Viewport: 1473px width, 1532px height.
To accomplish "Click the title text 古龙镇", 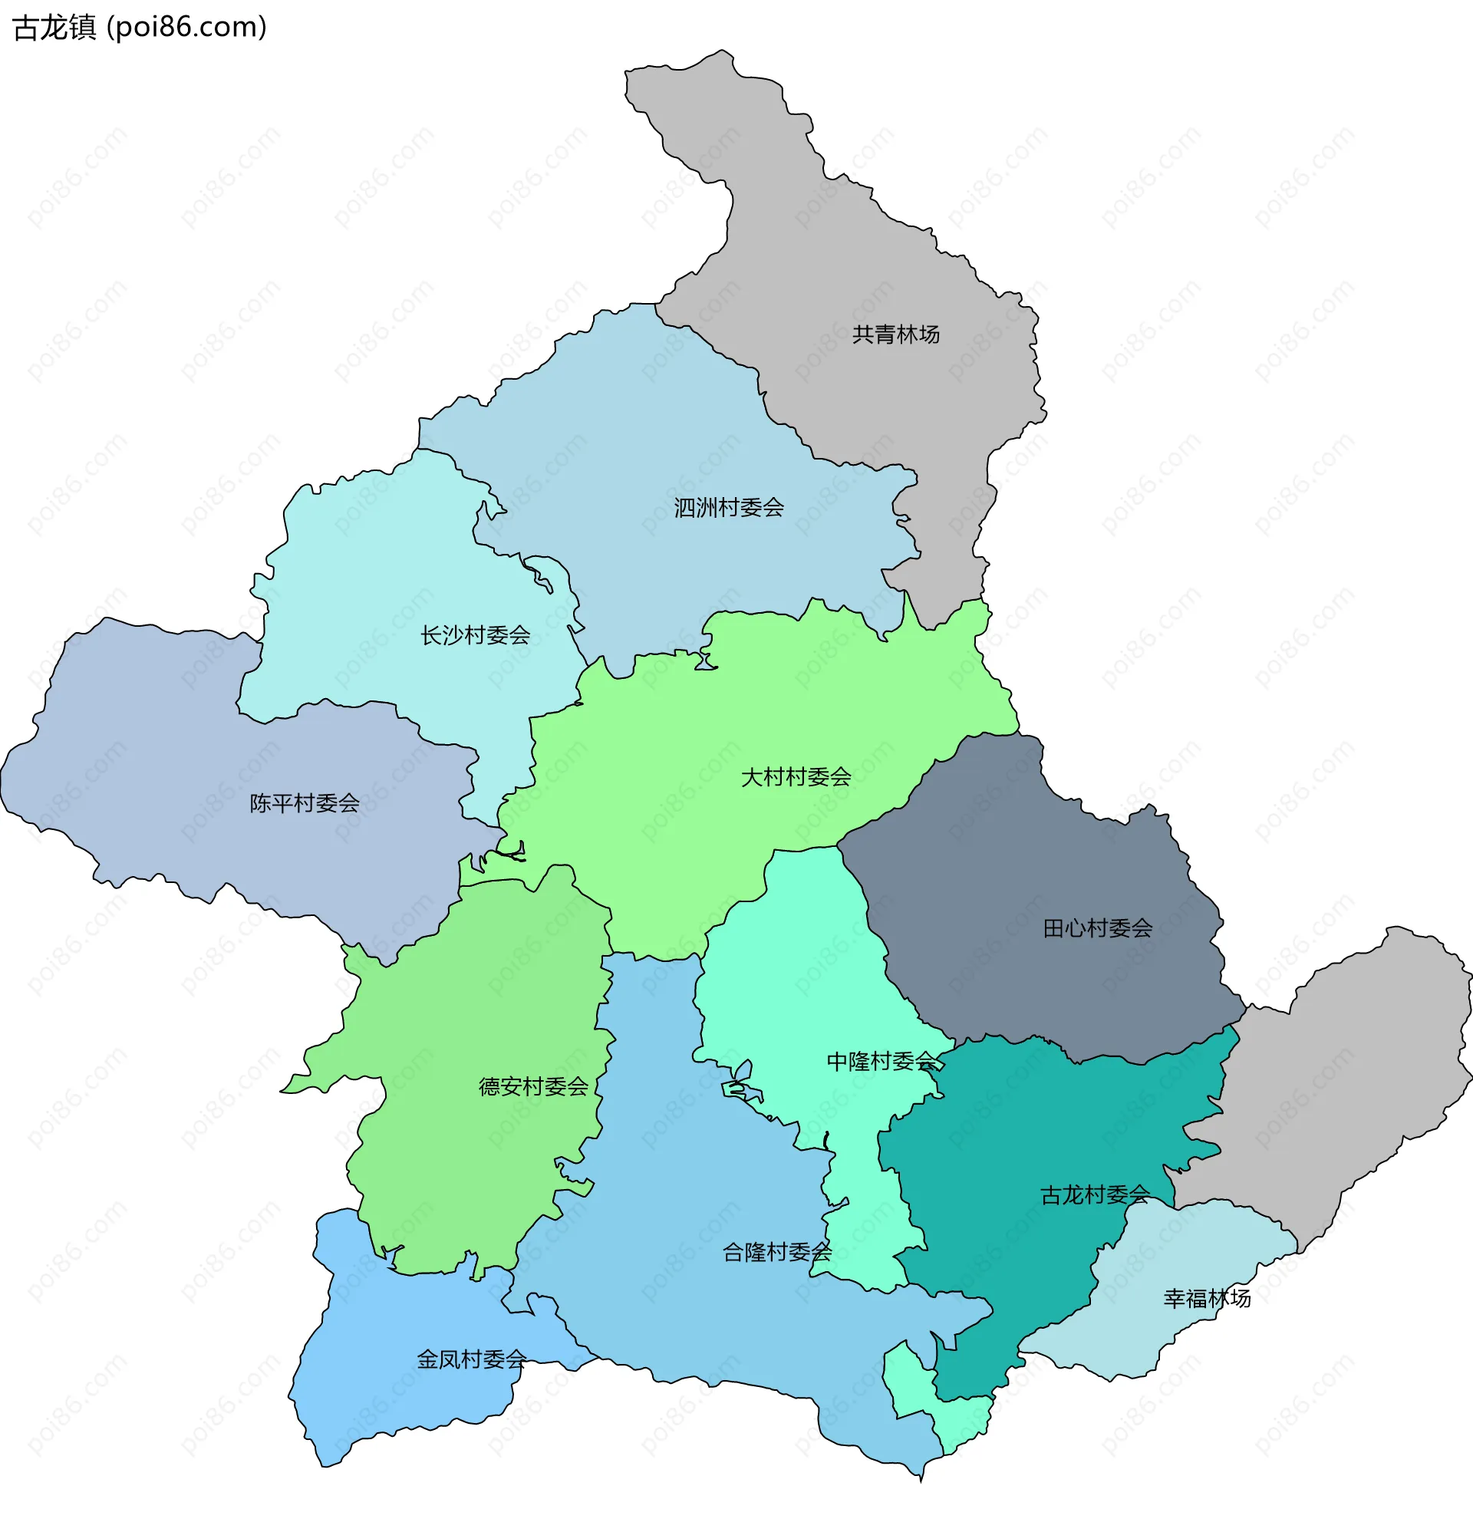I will click(x=54, y=28).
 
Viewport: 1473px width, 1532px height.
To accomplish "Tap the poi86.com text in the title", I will click(x=187, y=28).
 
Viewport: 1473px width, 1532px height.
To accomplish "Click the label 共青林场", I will click(x=895, y=334).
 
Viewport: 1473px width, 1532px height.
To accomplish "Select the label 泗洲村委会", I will click(x=729, y=508).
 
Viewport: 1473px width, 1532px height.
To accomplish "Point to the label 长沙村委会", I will click(x=476, y=635).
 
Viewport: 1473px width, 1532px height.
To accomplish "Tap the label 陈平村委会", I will click(x=304, y=803).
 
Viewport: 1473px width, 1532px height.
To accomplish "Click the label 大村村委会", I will click(x=796, y=777).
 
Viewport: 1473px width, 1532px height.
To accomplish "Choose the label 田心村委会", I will click(x=1097, y=928).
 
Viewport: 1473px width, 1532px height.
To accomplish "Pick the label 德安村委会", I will click(x=533, y=1086).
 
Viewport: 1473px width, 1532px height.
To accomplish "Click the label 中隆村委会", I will click(x=881, y=1062).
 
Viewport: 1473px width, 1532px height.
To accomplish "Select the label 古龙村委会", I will click(x=1094, y=1195).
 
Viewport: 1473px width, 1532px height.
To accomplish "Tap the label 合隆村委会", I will click(x=776, y=1252).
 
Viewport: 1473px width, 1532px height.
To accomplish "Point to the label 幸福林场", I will click(x=1206, y=1298).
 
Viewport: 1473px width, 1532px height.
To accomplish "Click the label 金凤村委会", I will click(x=471, y=1359).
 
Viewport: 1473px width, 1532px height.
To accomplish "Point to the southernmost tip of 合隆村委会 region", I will click(x=921, y=1480).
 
